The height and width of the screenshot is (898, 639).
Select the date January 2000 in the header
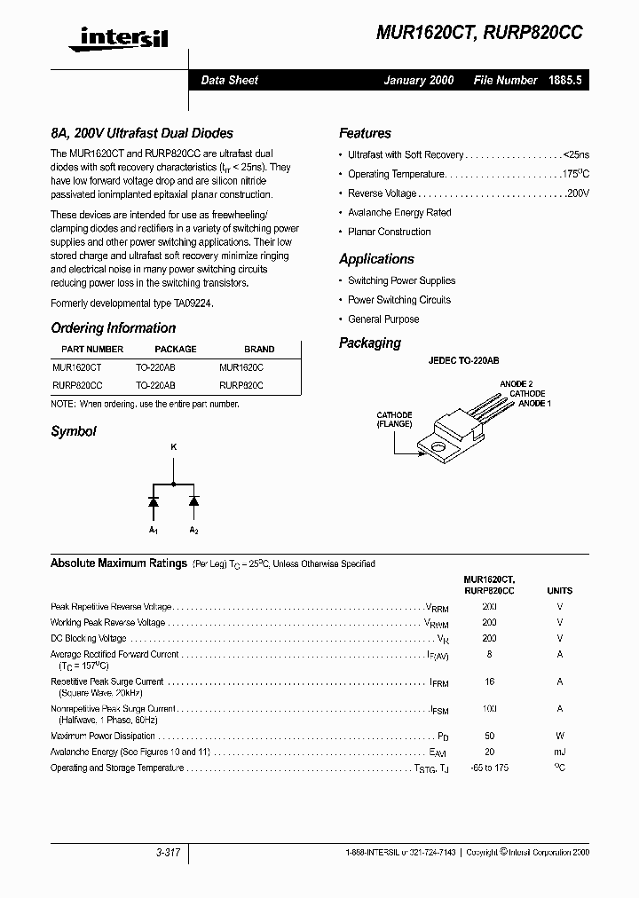(x=418, y=80)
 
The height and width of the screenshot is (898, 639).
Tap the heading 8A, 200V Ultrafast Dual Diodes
(x=141, y=133)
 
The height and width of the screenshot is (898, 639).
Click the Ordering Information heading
(x=113, y=327)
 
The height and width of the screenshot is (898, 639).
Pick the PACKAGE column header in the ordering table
(x=175, y=349)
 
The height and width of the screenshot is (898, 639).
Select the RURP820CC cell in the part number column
(x=77, y=386)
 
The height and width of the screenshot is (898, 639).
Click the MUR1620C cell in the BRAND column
(x=241, y=366)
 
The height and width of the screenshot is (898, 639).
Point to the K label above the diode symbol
(x=173, y=447)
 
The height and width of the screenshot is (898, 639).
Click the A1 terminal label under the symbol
(x=153, y=530)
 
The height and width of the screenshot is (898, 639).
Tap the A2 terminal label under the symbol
(x=193, y=530)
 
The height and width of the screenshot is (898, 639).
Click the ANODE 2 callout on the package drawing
(x=516, y=383)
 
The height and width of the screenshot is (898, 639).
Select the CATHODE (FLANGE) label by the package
(x=394, y=419)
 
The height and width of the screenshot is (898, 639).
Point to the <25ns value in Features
(x=575, y=154)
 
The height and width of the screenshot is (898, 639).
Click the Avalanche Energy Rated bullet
(x=399, y=213)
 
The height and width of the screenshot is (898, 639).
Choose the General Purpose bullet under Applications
(x=383, y=319)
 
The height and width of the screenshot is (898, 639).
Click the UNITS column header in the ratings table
(x=559, y=590)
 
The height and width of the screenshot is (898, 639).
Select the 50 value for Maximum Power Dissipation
(x=489, y=736)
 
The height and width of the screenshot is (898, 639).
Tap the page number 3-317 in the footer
(x=167, y=853)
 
